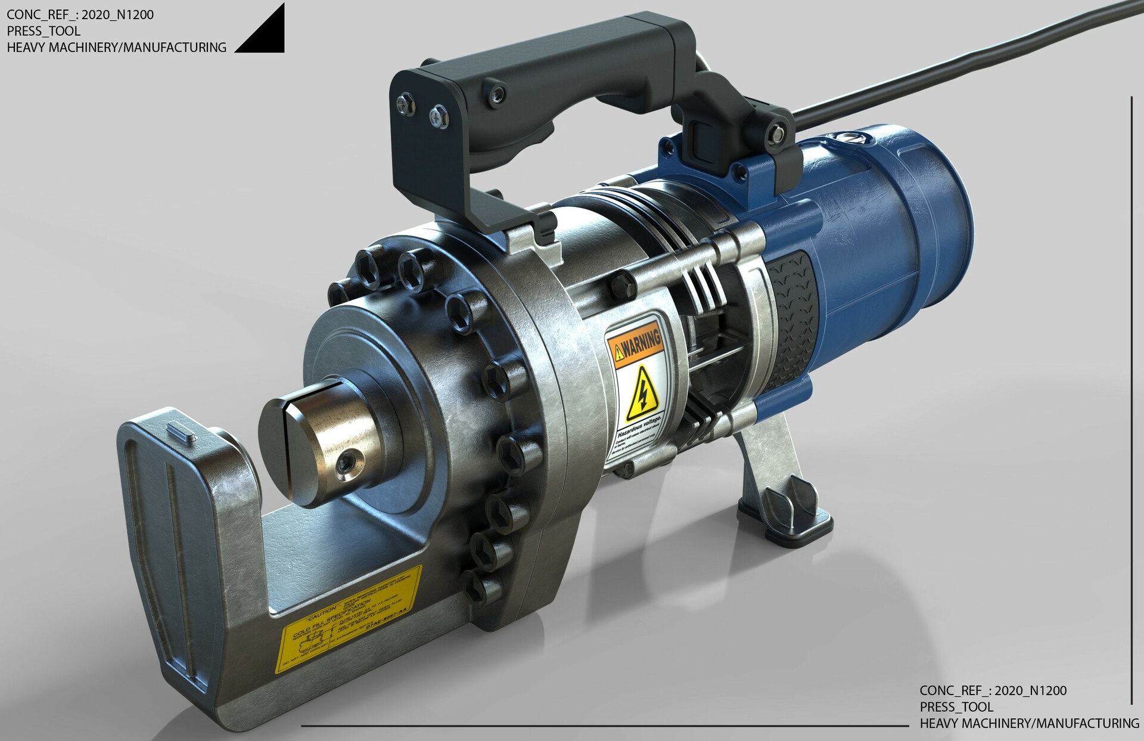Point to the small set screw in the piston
pos(346,461)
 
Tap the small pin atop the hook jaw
pos(183,432)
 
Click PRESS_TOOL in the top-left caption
pos(43,31)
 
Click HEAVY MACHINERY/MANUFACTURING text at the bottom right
pos(1029,723)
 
